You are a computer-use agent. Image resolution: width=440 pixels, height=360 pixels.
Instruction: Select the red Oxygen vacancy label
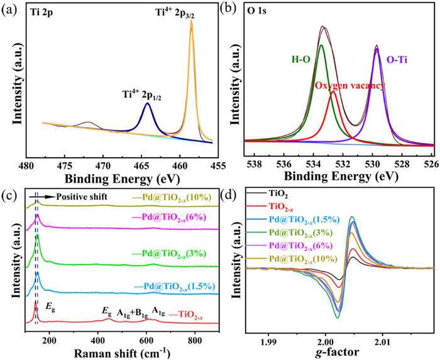coord(349,85)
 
